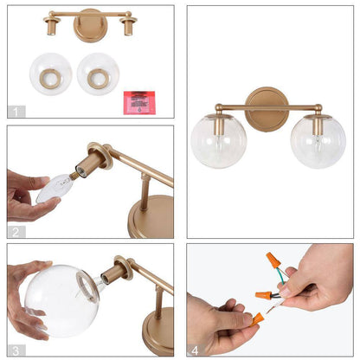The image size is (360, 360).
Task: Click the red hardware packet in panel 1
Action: [x=139, y=103]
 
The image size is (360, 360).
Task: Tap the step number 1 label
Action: [x=16, y=112]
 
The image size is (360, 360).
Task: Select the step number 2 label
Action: [x=16, y=232]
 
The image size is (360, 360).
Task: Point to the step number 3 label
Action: [x=16, y=350]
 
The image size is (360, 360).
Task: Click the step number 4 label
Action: [x=196, y=350]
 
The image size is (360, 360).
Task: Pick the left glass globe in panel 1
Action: [x=51, y=74]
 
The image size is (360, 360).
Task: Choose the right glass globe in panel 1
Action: [x=99, y=74]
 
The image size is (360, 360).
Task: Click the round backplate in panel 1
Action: [x=90, y=26]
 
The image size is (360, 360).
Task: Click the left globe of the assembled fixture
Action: [x=219, y=141]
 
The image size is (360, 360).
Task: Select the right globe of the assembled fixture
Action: [x=318, y=141]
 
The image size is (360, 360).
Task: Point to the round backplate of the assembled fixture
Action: [x=267, y=109]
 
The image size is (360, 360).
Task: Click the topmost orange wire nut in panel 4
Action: [x=273, y=260]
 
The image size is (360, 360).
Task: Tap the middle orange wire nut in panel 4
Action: [x=264, y=295]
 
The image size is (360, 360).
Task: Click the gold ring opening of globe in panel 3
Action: [x=87, y=286]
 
